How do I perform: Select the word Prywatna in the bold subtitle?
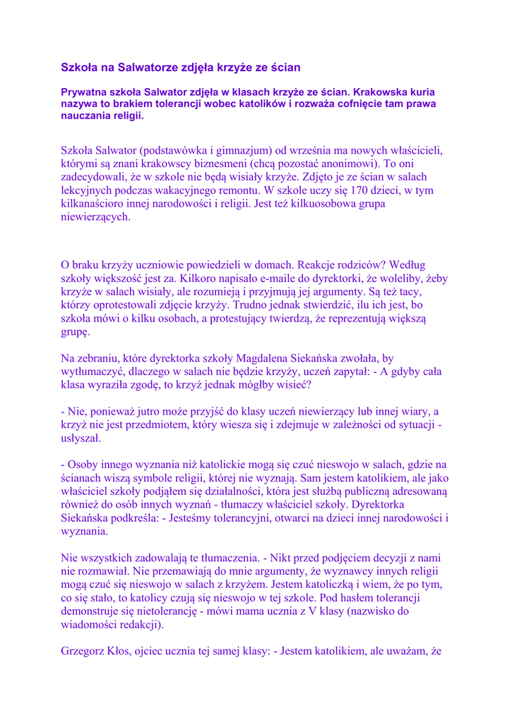tap(85, 92)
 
